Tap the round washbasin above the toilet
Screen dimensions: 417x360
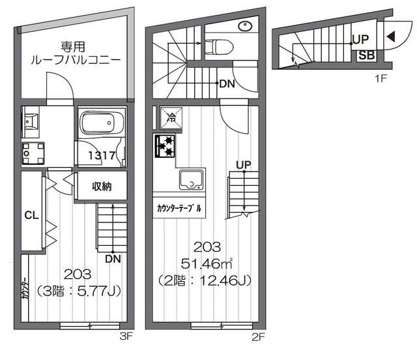pyautogui.click(x=245, y=26)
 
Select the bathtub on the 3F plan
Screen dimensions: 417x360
pyautogui.click(x=102, y=123)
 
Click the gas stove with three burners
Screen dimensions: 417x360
pyautogui.click(x=165, y=146)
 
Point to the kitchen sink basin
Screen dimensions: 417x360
pyautogui.click(x=191, y=180)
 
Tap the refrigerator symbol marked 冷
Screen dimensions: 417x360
pyautogui.click(x=171, y=117)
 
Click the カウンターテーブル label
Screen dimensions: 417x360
pyautogui.click(x=179, y=208)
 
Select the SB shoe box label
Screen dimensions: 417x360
pyautogui.click(x=366, y=55)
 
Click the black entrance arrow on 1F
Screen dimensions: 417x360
pyautogui.click(x=391, y=37)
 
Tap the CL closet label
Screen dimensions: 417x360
pyautogui.click(x=31, y=215)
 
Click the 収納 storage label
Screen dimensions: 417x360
pyautogui.click(x=102, y=187)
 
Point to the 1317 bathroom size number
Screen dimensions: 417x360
pyautogui.click(x=102, y=155)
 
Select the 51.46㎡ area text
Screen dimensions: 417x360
pyautogui.click(x=207, y=264)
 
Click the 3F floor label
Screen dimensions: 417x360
pyautogui.click(x=126, y=337)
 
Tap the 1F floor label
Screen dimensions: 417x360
pyautogui.click(x=381, y=78)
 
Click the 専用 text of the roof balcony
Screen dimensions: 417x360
pyautogui.click(x=72, y=47)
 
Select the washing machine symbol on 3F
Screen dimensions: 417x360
pyautogui.click(x=33, y=153)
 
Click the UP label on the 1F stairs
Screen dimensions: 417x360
pyautogui.click(x=360, y=39)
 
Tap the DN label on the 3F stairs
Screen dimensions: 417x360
pyautogui.click(x=113, y=259)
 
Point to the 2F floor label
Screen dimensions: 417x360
pyautogui.click(x=258, y=337)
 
